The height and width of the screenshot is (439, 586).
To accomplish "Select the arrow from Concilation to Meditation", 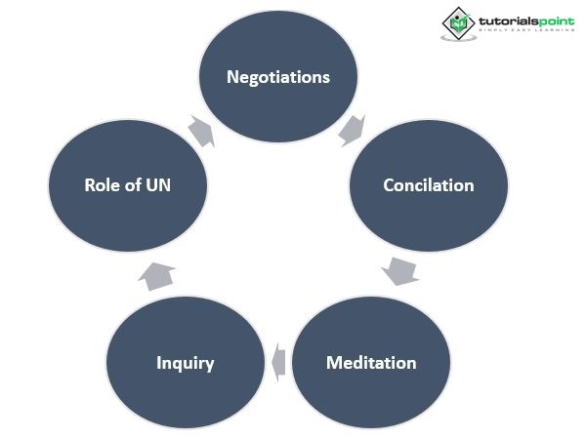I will tap(399, 270).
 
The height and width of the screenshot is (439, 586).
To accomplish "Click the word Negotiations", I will tap(277, 77).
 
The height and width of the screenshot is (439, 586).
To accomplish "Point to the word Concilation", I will tap(429, 185).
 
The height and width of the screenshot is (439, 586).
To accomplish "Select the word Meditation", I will tap(371, 363).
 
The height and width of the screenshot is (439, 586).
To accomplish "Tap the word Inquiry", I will tap(186, 364).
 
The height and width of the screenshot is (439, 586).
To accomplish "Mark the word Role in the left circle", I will tap(102, 184).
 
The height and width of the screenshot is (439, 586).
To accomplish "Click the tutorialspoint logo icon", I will tap(456, 22).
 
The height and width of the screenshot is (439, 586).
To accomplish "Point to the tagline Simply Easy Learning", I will tap(524, 32).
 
